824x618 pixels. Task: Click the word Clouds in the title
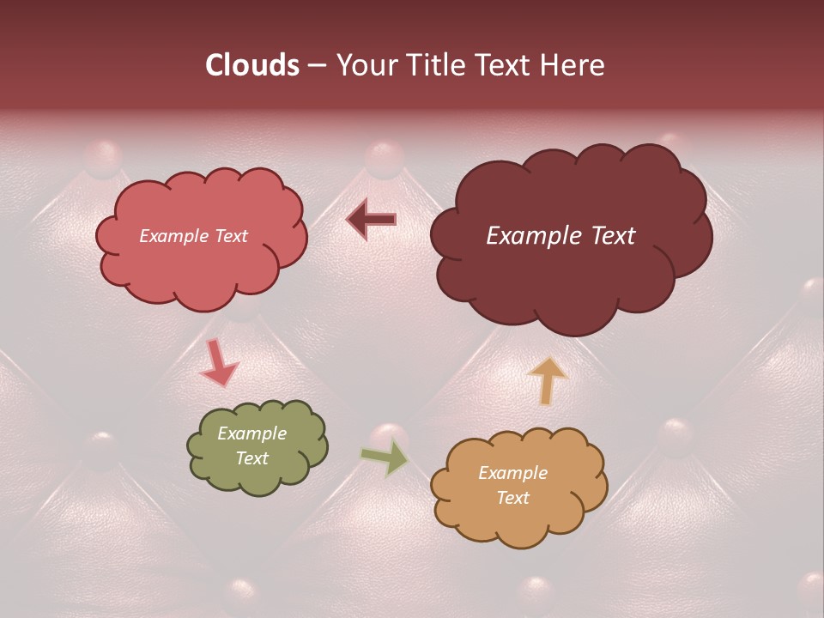click(x=251, y=65)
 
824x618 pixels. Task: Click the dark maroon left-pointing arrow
click(x=372, y=220)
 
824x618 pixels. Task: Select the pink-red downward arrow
click(x=218, y=363)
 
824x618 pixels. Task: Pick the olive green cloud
click(x=257, y=446)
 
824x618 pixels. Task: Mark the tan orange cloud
click(x=518, y=486)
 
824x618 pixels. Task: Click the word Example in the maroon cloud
click(x=525, y=236)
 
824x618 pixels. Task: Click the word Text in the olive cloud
click(x=252, y=458)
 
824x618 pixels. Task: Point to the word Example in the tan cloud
click(x=512, y=473)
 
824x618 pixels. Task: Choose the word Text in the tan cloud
click(x=512, y=498)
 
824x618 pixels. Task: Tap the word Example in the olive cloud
click(x=252, y=433)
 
